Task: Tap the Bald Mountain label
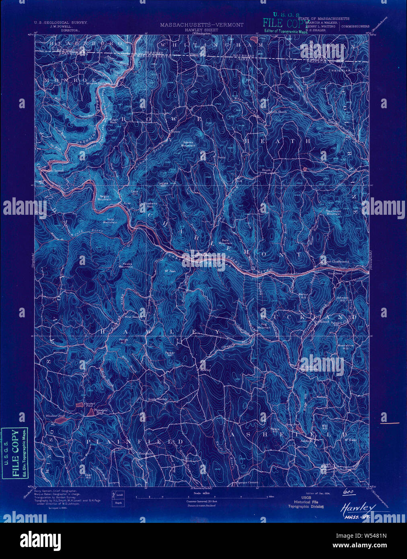coord(225,241)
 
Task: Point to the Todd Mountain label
coord(109,221)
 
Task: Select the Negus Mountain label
coord(104,198)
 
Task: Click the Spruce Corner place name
coord(247,482)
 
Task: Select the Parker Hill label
coord(169,353)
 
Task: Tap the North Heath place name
coord(278,111)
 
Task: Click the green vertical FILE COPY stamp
coord(15,453)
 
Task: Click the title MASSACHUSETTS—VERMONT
coord(201,25)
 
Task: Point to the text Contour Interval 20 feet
coord(202,501)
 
